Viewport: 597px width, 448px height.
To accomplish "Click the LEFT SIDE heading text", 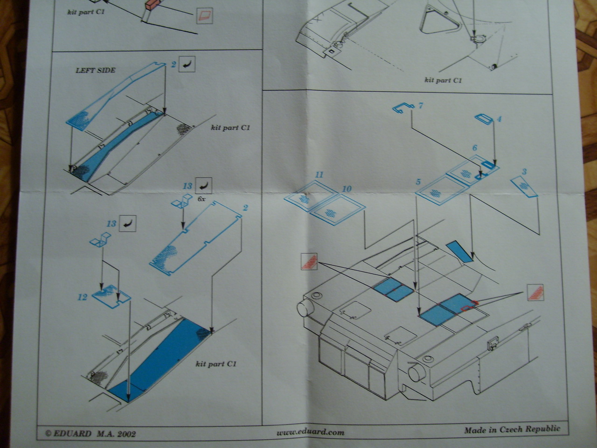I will (x=96, y=70).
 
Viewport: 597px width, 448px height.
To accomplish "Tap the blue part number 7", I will (x=420, y=106).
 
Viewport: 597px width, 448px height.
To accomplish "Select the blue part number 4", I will (x=499, y=119).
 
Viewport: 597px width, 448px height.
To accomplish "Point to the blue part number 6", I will (x=474, y=148).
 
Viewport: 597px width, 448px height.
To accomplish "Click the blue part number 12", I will (x=83, y=297).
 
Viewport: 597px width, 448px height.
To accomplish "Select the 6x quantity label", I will (x=202, y=198).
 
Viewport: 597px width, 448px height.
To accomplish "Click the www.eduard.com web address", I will (x=310, y=432).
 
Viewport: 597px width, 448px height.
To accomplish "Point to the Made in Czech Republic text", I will (x=512, y=430).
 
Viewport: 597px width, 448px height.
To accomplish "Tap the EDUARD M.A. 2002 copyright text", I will (x=90, y=434).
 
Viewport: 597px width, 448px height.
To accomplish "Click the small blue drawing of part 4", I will (x=484, y=119).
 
